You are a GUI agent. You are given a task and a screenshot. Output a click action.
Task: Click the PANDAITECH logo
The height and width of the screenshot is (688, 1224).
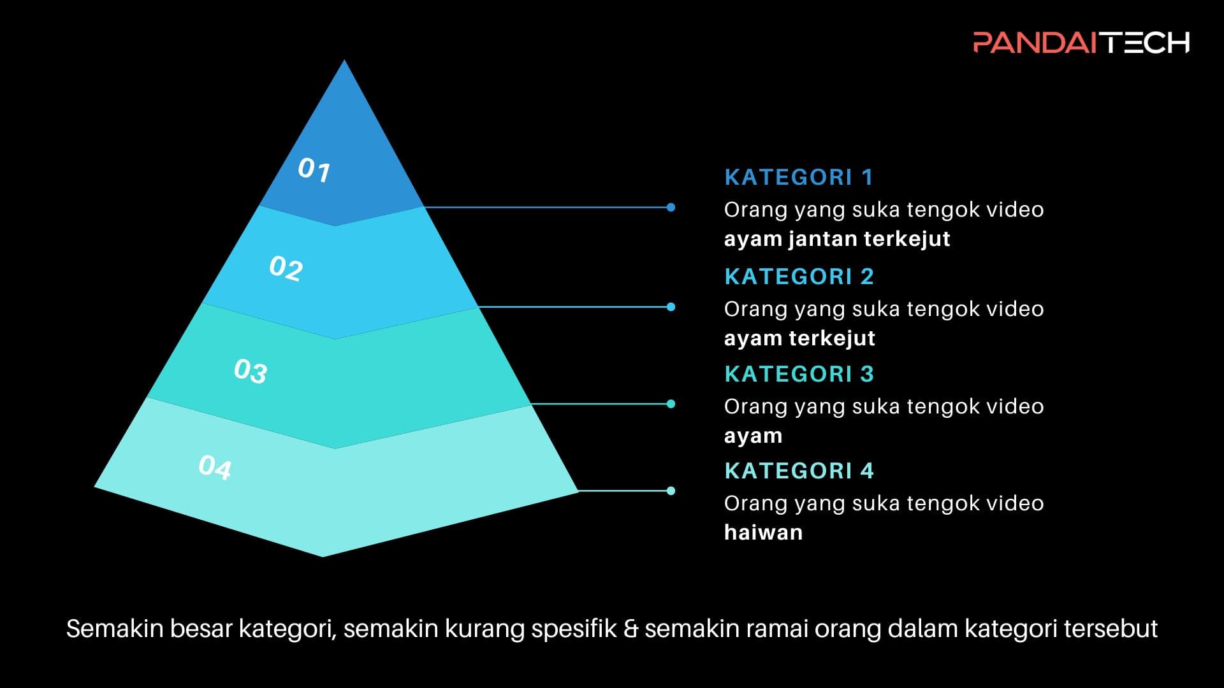[1081, 42]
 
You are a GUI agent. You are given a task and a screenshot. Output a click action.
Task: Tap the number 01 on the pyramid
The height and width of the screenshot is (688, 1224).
[314, 169]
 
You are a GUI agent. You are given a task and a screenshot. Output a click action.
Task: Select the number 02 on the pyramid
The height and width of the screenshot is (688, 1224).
[286, 268]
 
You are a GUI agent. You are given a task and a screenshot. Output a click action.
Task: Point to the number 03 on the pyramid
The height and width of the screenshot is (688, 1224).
[251, 371]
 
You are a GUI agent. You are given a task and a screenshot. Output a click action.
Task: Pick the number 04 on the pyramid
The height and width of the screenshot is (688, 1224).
[215, 467]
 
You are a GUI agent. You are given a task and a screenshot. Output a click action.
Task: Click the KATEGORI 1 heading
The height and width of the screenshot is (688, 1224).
[799, 177]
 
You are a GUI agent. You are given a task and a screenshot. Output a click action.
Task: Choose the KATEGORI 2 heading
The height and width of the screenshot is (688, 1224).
[799, 276]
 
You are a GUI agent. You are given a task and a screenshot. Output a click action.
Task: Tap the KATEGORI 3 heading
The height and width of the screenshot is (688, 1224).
[799, 374]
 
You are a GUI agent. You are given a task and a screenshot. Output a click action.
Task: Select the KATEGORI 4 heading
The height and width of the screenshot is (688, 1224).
[799, 471]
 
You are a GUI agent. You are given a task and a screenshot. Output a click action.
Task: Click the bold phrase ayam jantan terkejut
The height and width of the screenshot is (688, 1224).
[837, 239]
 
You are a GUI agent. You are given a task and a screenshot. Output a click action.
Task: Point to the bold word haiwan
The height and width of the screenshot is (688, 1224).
[763, 532]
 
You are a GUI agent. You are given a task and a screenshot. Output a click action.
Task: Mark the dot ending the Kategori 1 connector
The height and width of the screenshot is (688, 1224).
[671, 207]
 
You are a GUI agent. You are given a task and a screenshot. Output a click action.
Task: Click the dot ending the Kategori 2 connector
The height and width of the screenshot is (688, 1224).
[671, 307]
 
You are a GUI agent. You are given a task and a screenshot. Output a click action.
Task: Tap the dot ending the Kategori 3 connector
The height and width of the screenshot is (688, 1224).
[671, 404]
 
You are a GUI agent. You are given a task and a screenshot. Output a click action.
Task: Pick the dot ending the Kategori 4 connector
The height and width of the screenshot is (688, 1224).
[671, 491]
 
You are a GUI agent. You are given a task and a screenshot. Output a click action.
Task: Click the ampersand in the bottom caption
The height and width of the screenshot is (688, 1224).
[630, 629]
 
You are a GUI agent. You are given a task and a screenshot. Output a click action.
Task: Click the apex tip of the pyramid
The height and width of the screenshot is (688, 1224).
[344, 60]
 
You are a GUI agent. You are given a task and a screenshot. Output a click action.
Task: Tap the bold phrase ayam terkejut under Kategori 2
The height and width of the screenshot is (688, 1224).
[799, 338]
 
